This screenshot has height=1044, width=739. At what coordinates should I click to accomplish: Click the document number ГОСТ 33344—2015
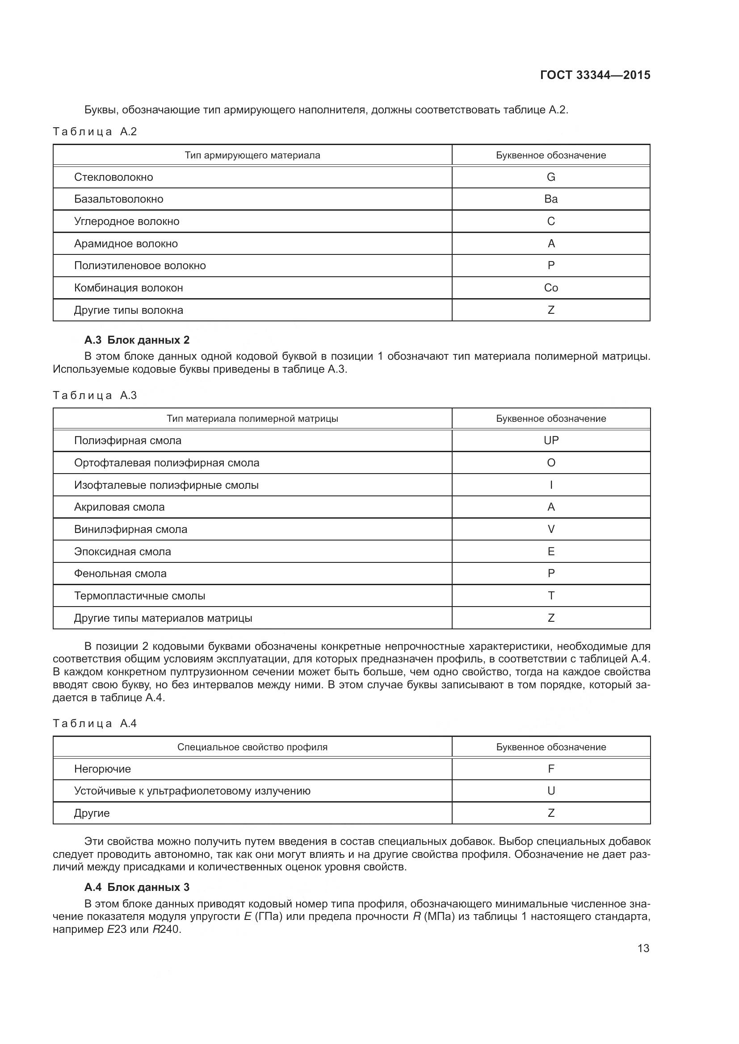595,75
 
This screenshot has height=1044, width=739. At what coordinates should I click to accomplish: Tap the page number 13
643,948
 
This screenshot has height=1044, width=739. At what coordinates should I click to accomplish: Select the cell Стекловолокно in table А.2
113,177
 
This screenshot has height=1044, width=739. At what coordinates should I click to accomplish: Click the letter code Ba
550,199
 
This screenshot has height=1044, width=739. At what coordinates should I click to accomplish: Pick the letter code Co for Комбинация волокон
550,288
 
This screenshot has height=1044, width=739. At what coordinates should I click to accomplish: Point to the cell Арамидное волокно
126,244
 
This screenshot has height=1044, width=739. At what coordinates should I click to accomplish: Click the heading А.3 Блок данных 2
137,340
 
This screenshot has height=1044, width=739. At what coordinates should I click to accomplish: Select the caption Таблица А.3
95,395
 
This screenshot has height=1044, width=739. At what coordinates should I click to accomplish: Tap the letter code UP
550,441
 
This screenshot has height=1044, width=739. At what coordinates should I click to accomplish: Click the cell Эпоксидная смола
122,552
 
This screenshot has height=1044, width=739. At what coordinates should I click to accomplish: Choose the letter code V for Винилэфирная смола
550,529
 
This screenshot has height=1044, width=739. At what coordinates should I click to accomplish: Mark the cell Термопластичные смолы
139,596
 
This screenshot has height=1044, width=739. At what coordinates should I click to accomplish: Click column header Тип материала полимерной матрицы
252,419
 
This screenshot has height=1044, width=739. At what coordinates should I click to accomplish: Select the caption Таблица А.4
95,724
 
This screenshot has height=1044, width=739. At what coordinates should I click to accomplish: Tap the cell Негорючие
102,769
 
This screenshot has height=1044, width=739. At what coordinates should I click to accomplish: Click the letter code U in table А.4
550,791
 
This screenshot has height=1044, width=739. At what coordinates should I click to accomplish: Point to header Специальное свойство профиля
252,747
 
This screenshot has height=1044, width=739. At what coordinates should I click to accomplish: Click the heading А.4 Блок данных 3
137,887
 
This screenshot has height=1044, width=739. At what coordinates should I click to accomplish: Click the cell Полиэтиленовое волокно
140,266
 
